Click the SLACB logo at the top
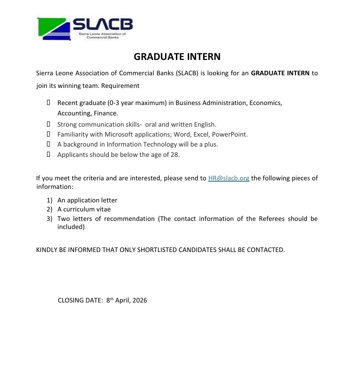(85, 29)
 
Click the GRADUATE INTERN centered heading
(177, 57)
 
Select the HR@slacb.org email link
(229, 178)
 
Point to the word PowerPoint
(230, 134)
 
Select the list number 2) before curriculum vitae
(50, 209)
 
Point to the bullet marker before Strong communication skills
(48, 124)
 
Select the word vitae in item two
(102, 209)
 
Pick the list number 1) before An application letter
(50, 200)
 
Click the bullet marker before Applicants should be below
(48, 155)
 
